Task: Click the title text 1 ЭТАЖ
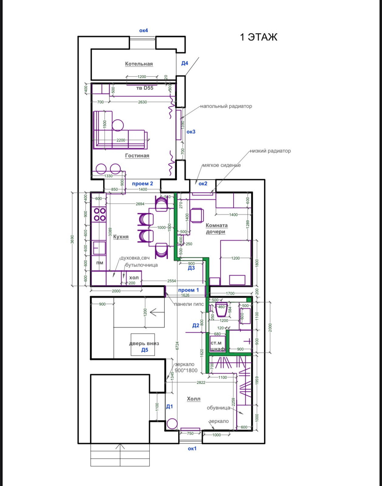click(258, 37)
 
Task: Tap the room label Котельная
click(139, 64)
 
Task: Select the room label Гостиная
click(137, 156)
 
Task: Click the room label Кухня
click(121, 237)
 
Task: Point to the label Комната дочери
click(216, 228)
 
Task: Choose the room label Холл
click(193, 399)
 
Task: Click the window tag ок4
click(143, 30)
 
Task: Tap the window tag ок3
click(191, 132)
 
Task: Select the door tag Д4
click(185, 63)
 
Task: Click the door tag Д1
click(169, 406)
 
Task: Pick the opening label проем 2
click(142, 183)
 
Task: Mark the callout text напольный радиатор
click(226, 106)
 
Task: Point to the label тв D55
click(145, 88)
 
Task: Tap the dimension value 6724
click(177, 346)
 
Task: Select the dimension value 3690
click(72, 239)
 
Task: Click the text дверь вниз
click(144, 344)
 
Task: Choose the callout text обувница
click(218, 408)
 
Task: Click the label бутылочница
click(142, 265)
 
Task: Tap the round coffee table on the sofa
click(118, 125)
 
